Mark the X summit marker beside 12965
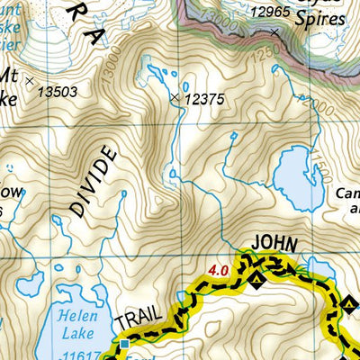click(x=274, y=31)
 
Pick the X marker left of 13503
click(x=30, y=81)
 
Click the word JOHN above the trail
click(x=274, y=242)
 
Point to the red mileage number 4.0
click(x=218, y=268)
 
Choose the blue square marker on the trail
click(x=125, y=343)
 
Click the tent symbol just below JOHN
click(x=256, y=281)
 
